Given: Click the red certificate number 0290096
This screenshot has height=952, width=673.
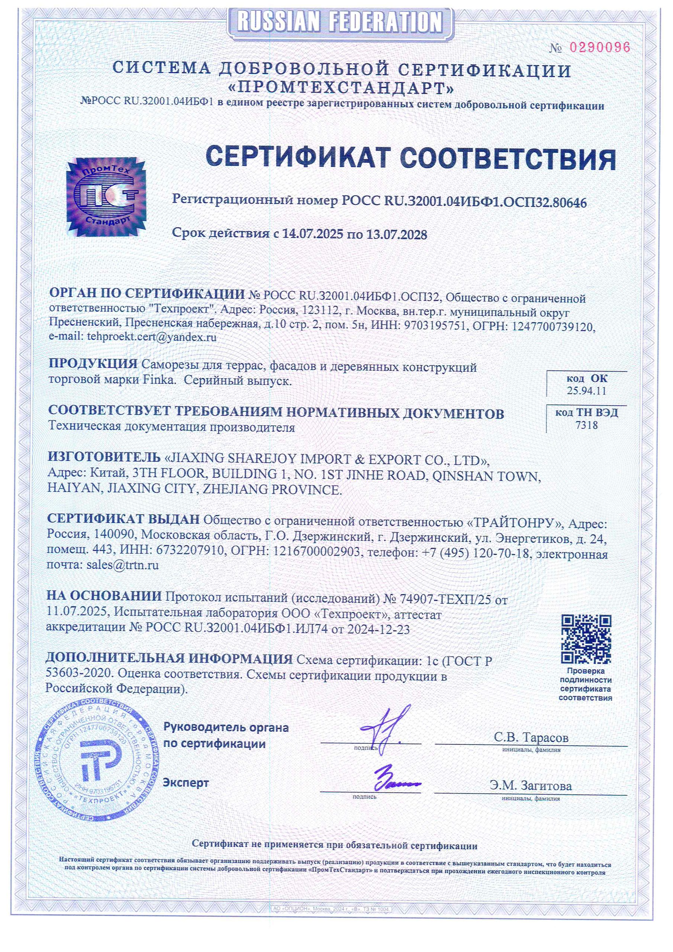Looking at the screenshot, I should (x=600, y=47).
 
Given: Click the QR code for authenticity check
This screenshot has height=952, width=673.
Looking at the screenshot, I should (x=586, y=639).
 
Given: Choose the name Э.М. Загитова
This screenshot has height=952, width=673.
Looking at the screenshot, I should (x=530, y=785).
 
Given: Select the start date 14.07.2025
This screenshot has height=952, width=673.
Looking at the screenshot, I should (x=313, y=234).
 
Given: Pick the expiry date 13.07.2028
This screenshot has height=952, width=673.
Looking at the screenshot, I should (x=396, y=235).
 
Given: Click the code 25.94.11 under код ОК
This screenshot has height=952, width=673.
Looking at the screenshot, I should (x=586, y=390).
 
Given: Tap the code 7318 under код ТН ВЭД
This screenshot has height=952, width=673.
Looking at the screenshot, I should (x=586, y=425).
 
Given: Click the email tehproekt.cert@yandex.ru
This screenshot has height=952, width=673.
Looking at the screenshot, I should (x=151, y=337).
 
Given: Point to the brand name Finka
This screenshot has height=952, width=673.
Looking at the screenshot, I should (x=158, y=380).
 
